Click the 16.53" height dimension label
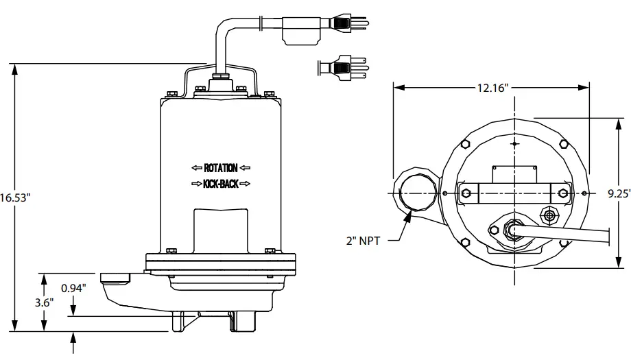point(15,197)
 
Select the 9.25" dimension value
point(619,193)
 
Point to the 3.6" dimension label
point(43,302)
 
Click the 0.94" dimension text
point(73,288)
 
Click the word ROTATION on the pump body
point(221,168)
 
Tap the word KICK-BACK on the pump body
point(221,184)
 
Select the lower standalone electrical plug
point(342,67)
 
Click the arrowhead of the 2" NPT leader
point(409,217)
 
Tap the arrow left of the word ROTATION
point(196,168)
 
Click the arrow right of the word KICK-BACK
point(246,184)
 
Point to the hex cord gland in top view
point(510,229)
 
